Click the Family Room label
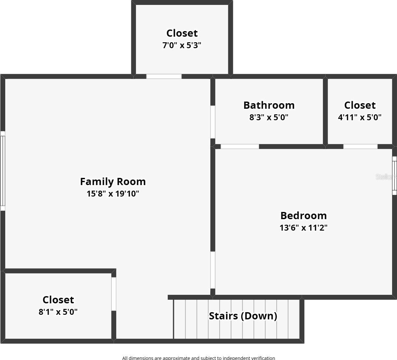pos(113,181)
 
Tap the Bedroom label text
pos(303,216)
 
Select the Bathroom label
pos(269,105)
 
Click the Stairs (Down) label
pos(243,316)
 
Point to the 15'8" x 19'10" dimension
pos(113,194)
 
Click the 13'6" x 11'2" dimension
pos(303,227)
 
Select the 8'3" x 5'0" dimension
pos(269,117)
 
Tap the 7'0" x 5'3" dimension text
pos(182,45)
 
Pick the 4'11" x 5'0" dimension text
pos(360,117)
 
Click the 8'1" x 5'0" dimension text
pos(58,312)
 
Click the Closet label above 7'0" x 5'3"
pos(182,33)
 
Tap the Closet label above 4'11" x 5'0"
pos(360,105)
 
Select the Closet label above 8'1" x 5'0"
pos(58,300)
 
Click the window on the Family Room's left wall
pos(3,171)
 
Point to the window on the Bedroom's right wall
pos(394,175)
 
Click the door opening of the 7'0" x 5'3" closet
pos(164,76)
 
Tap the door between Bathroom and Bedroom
pos(240,146)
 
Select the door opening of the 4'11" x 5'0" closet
pos(360,146)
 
